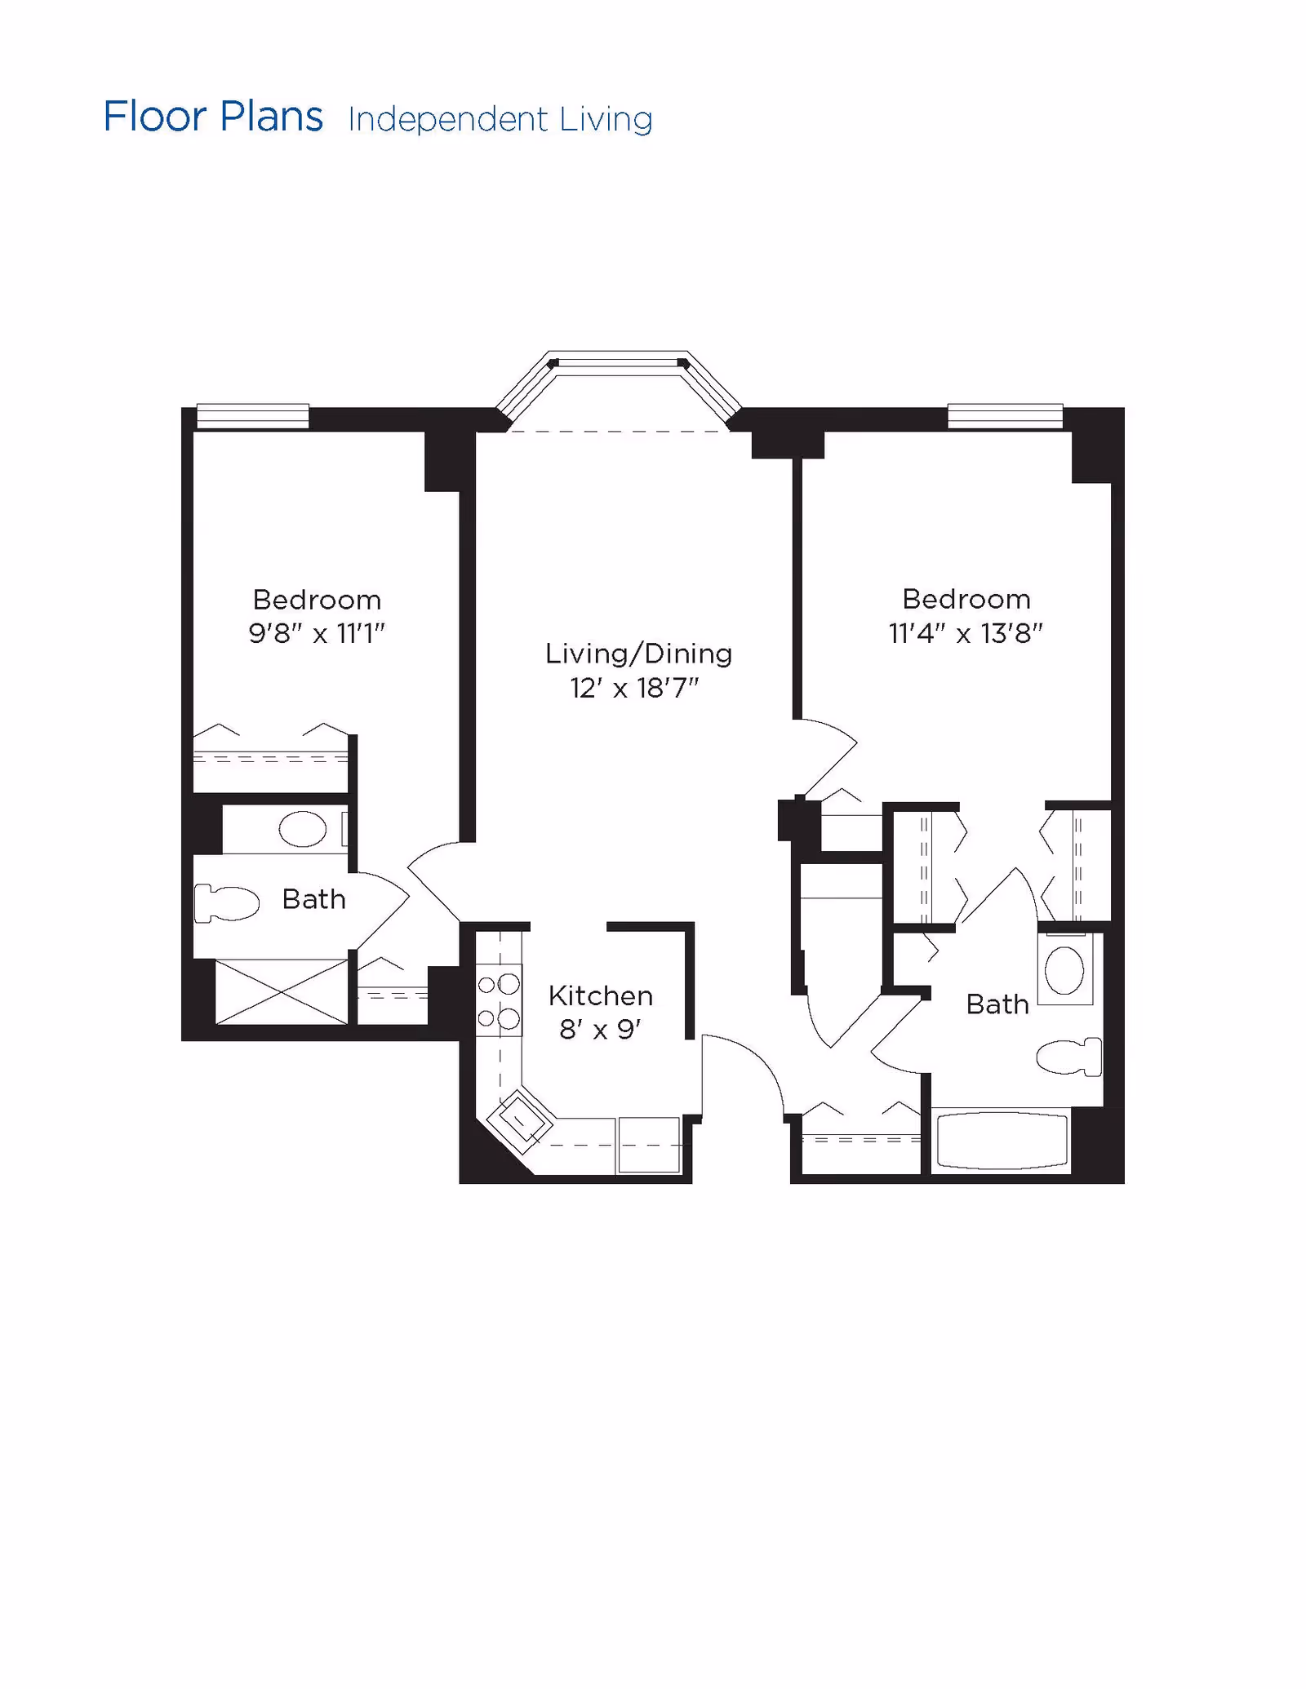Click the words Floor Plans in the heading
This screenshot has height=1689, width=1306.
[213, 117]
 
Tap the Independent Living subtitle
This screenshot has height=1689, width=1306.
[500, 120]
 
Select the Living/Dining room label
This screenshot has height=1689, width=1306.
[638, 654]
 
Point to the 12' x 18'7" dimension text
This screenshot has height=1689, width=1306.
[634, 689]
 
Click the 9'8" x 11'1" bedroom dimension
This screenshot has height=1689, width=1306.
[317, 633]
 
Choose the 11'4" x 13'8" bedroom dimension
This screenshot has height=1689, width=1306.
[966, 633]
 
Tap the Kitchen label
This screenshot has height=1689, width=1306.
[601, 995]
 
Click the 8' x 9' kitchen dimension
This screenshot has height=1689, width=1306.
[600, 1030]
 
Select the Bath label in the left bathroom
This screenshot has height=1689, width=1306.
[313, 899]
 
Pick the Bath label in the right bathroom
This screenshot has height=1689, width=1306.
[997, 1004]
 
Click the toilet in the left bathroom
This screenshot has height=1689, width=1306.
[226, 903]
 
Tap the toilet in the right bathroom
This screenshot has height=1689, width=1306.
[1069, 1057]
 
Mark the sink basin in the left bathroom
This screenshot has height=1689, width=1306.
[302, 829]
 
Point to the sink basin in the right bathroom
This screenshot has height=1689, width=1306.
[1064, 970]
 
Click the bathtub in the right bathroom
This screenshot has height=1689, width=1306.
[1002, 1141]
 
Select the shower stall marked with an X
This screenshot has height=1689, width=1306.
[281, 992]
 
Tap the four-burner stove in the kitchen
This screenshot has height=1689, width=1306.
[499, 1000]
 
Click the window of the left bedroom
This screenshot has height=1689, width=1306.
[253, 416]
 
